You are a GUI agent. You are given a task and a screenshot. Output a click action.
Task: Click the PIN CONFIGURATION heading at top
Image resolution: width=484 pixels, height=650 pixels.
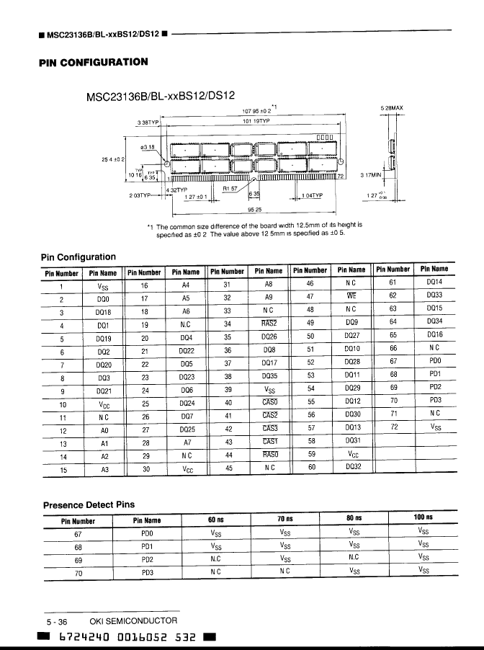[x=94, y=61]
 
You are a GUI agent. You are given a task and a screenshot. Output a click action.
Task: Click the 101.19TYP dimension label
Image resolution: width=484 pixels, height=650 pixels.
[x=255, y=122]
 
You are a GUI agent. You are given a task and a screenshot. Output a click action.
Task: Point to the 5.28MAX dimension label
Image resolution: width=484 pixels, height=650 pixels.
[x=391, y=108]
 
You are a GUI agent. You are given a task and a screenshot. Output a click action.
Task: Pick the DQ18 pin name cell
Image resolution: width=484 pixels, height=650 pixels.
[x=103, y=312]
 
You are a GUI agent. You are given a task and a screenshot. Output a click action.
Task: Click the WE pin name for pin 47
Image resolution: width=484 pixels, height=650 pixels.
[x=352, y=296]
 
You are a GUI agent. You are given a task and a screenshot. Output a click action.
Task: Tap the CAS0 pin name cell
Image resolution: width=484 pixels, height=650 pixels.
[x=269, y=402]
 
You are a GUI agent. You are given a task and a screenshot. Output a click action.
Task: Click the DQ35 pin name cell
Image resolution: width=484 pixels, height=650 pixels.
[x=269, y=376]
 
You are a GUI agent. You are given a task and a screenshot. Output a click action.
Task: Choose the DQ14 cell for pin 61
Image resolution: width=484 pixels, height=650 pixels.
[x=434, y=283]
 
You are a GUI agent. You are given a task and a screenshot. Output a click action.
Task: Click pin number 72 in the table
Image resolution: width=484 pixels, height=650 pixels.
[x=393, y=427]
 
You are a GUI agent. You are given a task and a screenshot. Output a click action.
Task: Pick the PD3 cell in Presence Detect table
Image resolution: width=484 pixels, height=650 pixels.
[x=148, y=573]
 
